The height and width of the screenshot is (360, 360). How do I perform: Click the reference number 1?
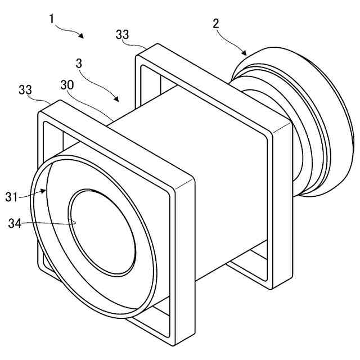pyautogui.click(x=51, y=19)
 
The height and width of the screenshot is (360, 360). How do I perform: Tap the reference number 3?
pyautogui.click(x=79, y=64)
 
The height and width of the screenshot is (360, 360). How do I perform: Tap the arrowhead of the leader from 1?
pyautogui.click(x=83, y=37)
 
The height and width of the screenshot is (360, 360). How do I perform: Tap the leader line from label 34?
pyautogui.click(x=51, y=223)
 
